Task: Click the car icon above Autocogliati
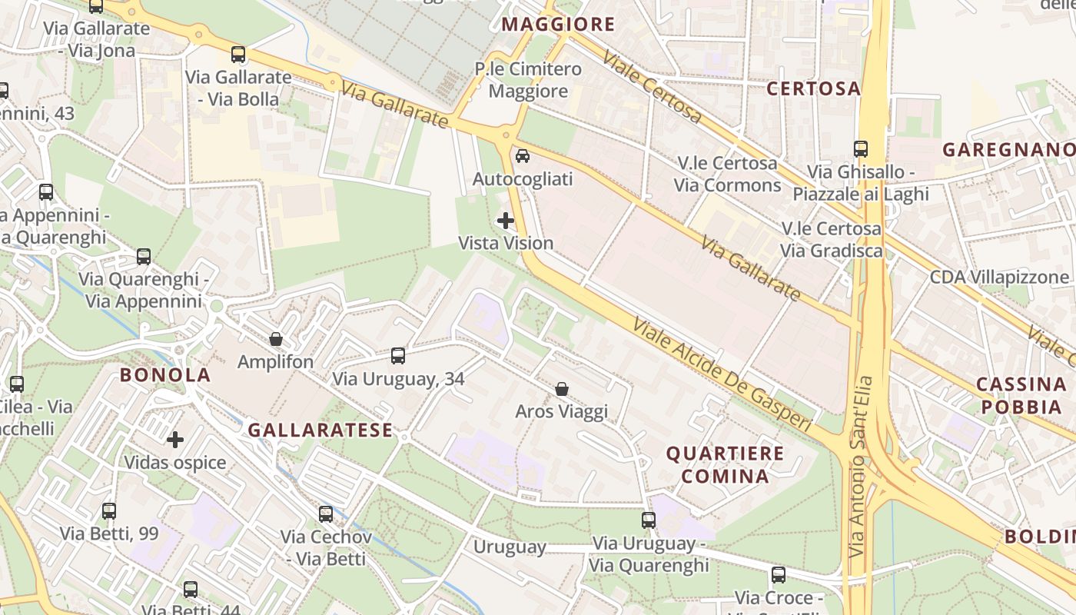(x=523, y=156)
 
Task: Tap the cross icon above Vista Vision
(x=506, y=221)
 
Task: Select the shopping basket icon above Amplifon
(x=276, y=339)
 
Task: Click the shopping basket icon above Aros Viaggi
(x=562, y=389)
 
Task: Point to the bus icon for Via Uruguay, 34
(x=398, y=355)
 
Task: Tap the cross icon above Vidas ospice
(x=175, y=440)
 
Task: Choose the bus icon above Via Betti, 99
(x=109, y=510)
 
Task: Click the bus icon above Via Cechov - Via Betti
(x=326, y=514)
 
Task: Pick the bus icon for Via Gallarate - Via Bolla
(x=238, y=55)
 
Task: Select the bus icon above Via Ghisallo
(x=861, y=149)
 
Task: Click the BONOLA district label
(x=164, y=375)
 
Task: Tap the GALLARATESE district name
(x=320, y=430)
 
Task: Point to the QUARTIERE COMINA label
(x=725, y=464)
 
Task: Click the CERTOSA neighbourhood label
(x=813, y=88)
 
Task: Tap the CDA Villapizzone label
(x=999, y=277)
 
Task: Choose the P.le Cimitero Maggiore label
(x=528, y=80)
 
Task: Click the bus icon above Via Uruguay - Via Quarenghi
(x=649, y=520)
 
